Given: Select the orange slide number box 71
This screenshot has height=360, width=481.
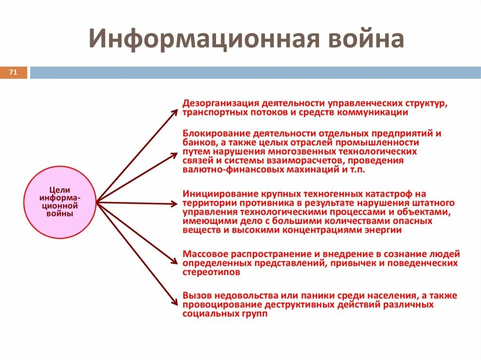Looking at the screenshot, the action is [13, 73].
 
